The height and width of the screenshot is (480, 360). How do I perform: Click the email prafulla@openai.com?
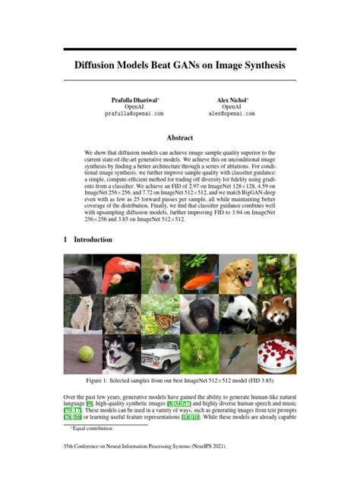click(134, 113)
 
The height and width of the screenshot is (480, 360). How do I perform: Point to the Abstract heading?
click(180, 137)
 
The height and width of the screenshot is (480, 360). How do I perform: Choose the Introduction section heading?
click(93, 239)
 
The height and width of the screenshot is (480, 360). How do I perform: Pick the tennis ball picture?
click(83, 352)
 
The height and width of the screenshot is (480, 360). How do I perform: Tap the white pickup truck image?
click(160, 352)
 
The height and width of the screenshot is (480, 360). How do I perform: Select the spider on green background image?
click(199, 352)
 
